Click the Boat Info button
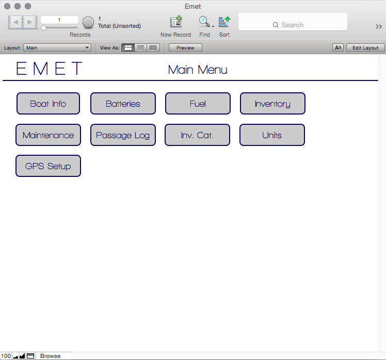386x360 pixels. click(49, 103)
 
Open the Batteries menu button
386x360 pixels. click(123, 103)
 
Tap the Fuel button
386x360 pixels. click(198, 103)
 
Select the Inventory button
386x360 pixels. click(273, 103)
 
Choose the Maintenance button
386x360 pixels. click(49, 135)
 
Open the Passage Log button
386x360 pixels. click(123, 135)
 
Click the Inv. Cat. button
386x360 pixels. click(198, 135)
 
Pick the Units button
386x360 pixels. click(272, 135)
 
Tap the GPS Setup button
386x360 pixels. click(49, 166)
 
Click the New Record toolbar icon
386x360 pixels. click(176, 22)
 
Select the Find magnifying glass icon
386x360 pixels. click(204, 22)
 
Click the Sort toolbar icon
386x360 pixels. click(224, 22)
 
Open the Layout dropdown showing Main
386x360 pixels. click(57, 48)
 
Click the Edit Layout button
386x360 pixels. click(365, 48)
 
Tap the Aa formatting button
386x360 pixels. click(338, 48)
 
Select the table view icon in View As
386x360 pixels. click(153, 48)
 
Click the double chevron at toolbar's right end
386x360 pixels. click(379, 26)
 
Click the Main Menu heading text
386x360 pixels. click(198, 70)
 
